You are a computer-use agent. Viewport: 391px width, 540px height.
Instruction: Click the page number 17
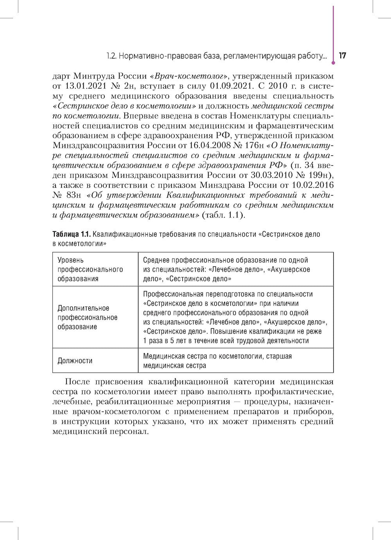click(342, 56)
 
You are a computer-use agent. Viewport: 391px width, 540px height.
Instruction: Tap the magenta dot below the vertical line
click(333, 61)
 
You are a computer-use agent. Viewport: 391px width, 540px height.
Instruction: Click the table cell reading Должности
click(75, 361)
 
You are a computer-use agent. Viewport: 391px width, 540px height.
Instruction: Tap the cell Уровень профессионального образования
click(90, 269)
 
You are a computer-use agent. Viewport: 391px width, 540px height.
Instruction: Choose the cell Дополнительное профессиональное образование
click(88, 318)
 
